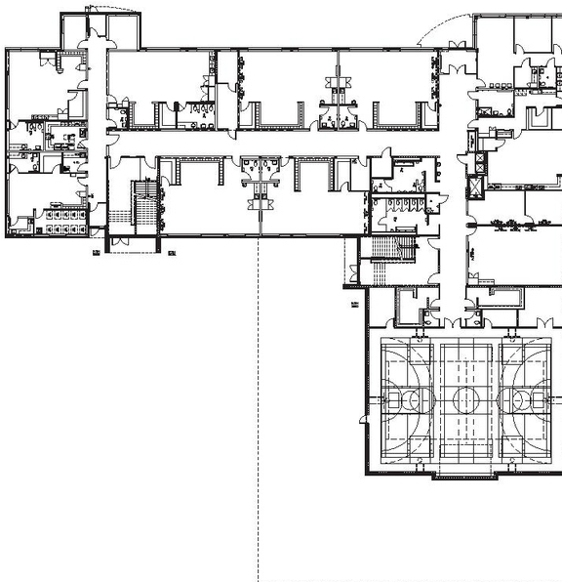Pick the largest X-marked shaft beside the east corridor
(477, 184)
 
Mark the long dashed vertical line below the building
(259, 410)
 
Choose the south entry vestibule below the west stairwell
(130, 244)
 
